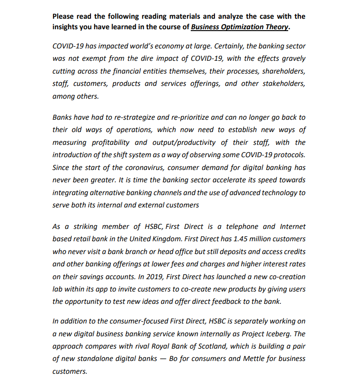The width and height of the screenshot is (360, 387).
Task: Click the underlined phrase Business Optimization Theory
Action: [x=239, y=27]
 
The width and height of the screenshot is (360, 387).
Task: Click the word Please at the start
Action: [x=63, y=16]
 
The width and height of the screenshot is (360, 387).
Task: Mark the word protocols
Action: [x=291, y=155]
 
